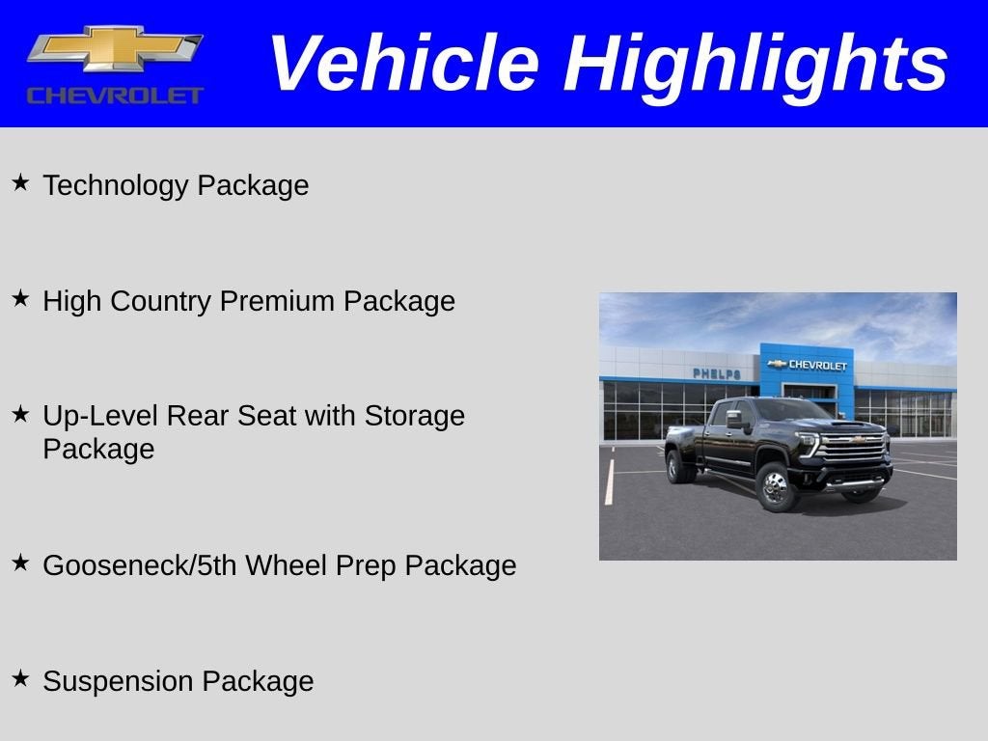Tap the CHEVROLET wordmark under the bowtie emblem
pyautogui.click(x=115, y=96)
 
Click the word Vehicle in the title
pyautogui.click(x=402, y=64)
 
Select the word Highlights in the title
pyautogui.click(x=755, y=64)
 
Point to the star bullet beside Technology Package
pyautogui.click(x=20, y=181)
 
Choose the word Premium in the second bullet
pyautogui.click(x=278, y=301)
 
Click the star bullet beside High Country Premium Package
pyautogui.click(x=20, y=297)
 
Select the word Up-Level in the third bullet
pyautogui.click(x=100, y=416)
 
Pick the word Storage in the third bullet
pyautogui.click(x=414, y=416)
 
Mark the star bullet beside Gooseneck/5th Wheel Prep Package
pyautogui.click(x=20, y=562)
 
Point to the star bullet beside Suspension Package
pyautogui.click(x=20, y=677)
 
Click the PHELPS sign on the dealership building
pyautogui.click(x=716, y=373)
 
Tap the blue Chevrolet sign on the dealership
pyautogui.click(x=807, y=365)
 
